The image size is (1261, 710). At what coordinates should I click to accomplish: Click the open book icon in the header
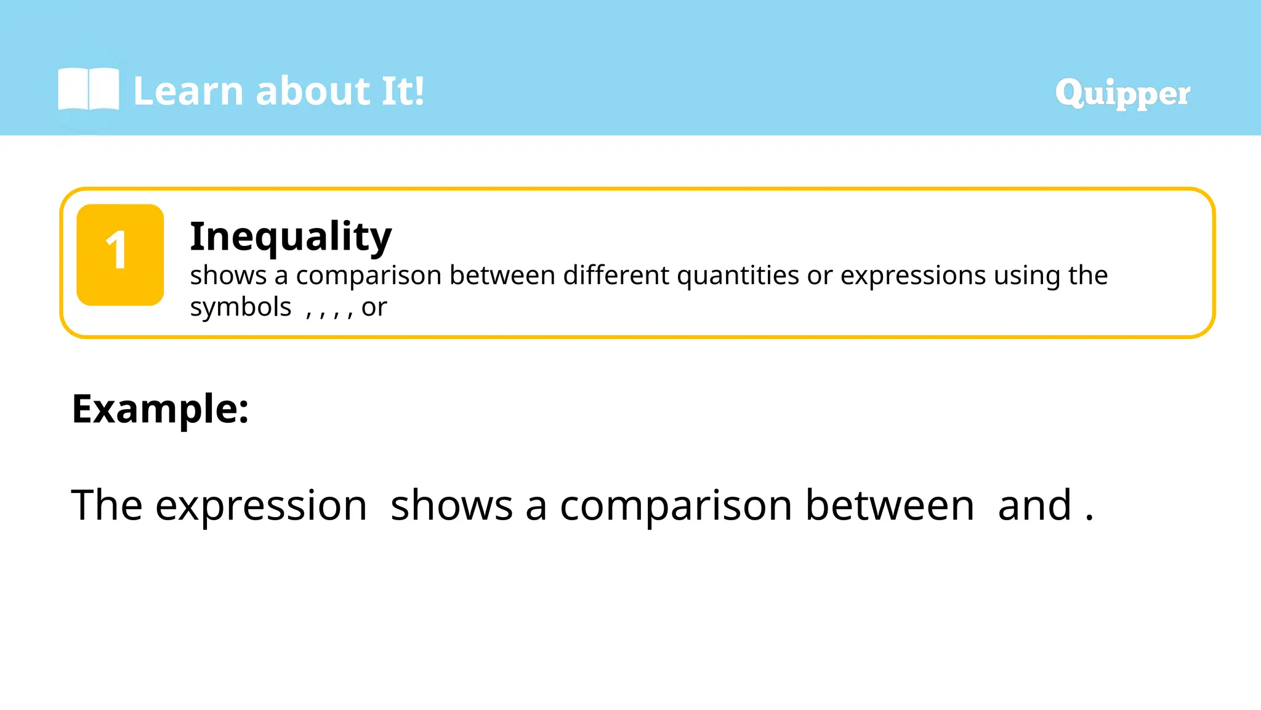pyautogui.click(x=88, y=90)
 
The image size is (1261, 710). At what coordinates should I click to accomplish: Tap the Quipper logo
pyautogui.click(x=1122, y=93)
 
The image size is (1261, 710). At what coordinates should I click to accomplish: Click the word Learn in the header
pyautogui.click(x=188, y=91)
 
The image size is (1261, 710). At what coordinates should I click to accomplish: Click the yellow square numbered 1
pyautogui.click(x=120, y=255)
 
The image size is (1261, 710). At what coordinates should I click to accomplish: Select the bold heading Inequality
pyautogui.click(x=291, y=236)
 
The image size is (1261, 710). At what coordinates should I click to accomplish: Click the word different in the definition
pyautogui.click(x=616, y=275)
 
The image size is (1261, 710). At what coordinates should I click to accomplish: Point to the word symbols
pyautogui.click(x=240, y=307)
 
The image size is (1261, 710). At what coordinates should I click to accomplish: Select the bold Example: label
pyautogui.click(x=160, y=409)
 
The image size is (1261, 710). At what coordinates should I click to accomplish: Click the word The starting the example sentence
pyautogui.click(x=107, y=505)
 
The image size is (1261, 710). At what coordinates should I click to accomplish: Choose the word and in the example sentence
pyautogui.click(x=1034, y=505)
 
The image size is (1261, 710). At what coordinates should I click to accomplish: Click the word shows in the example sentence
pyautogui.click(x=451, y=505)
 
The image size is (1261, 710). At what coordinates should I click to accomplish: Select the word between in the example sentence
pyautogui.click(x=890, y=505)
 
